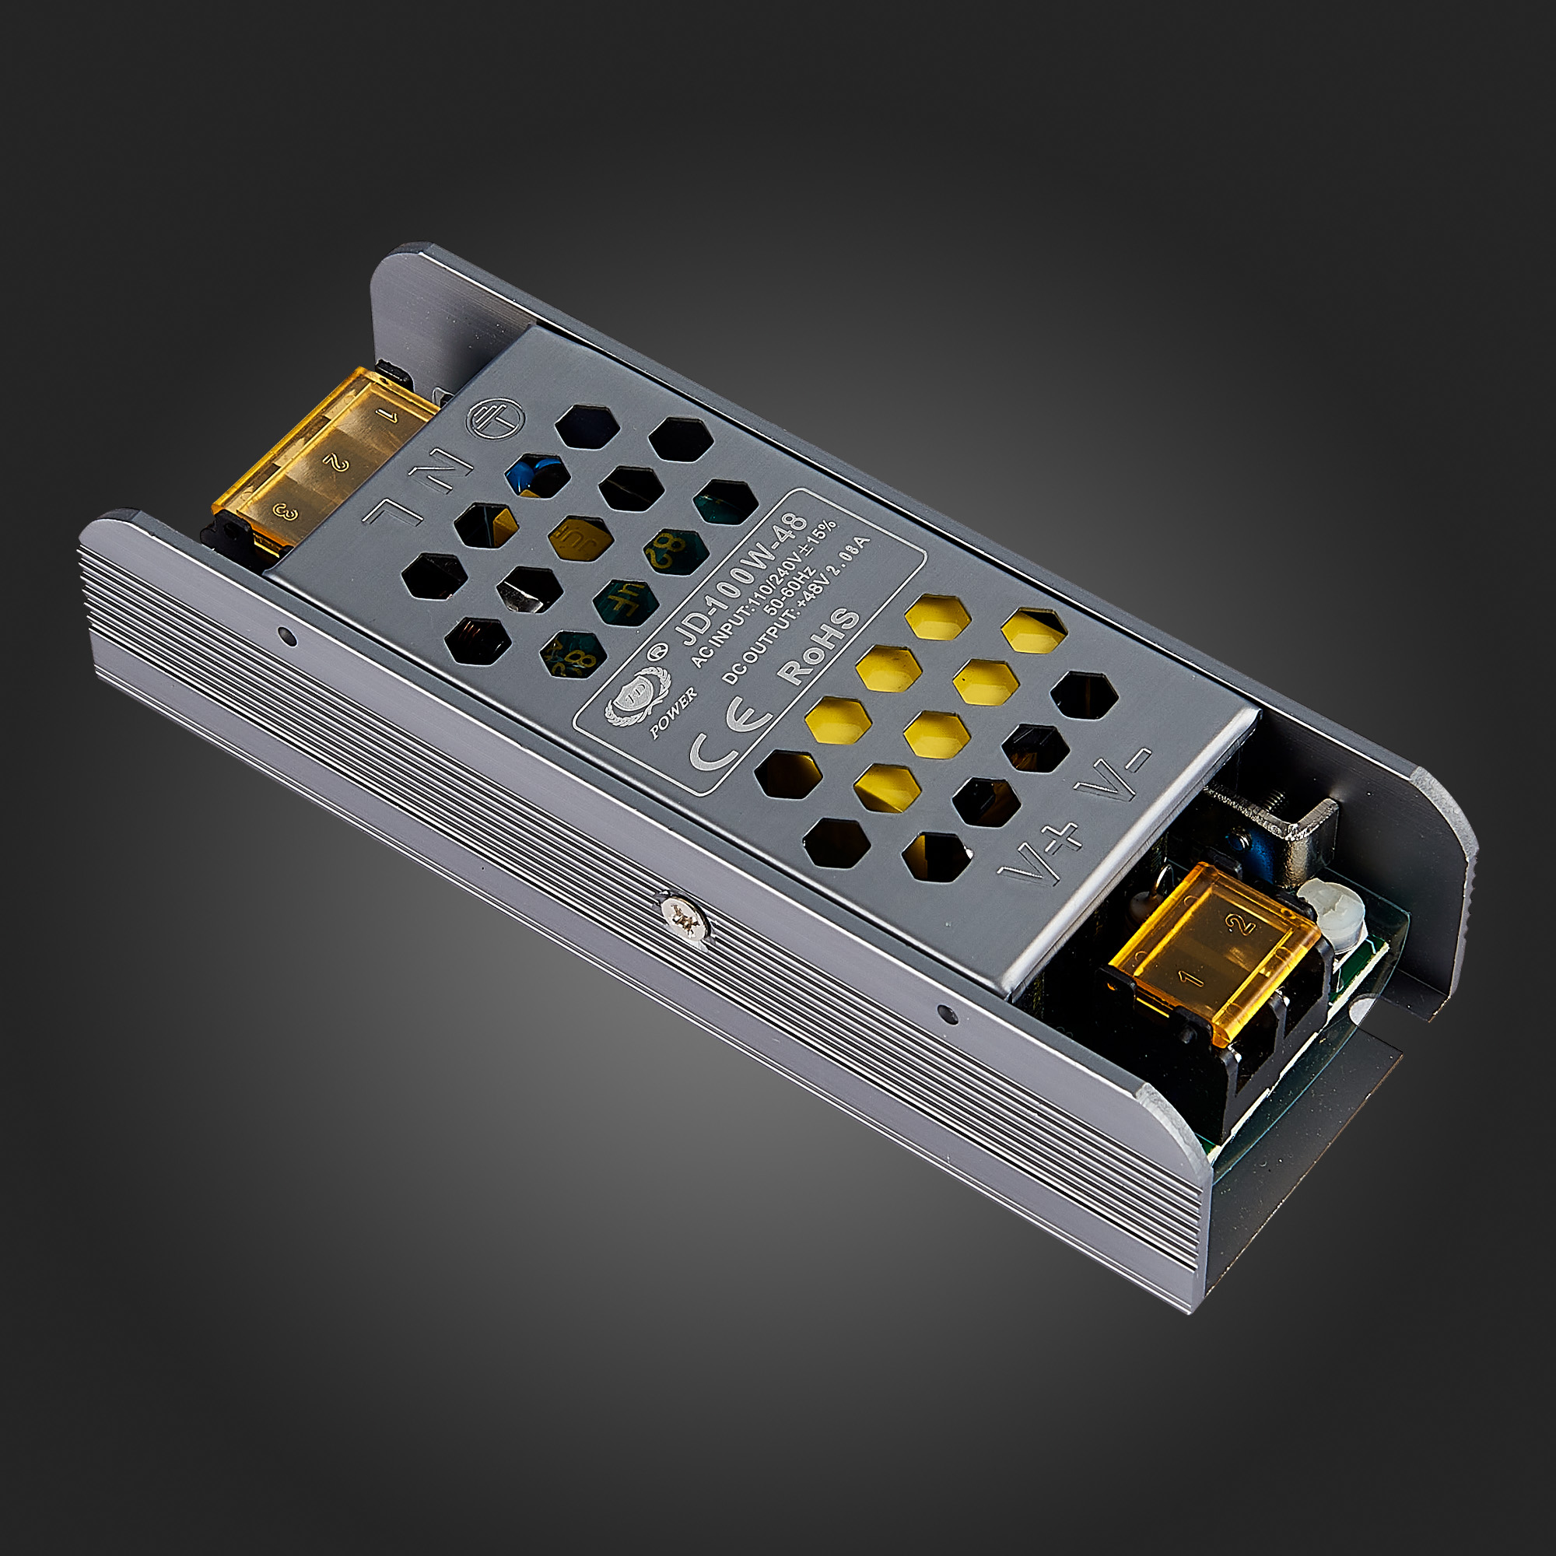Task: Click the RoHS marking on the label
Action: point(819,646)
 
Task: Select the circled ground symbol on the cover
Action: point(496,419)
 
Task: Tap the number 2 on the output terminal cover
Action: point(1240,923)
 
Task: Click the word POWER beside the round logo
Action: point(673,711)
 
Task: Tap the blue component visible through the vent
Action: point(534,474)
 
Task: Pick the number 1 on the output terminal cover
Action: point(1189,978)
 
